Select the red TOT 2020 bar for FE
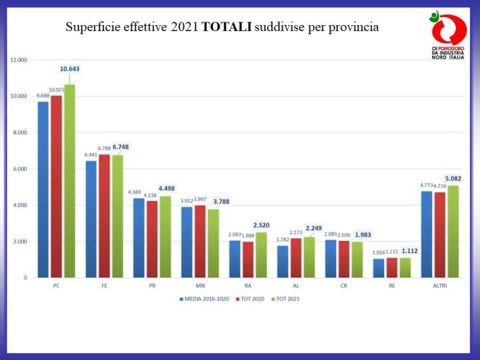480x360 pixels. (104, 216)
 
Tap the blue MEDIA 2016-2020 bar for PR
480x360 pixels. (139, 238)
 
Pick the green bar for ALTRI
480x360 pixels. (453, 231)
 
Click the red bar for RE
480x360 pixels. (392, 267)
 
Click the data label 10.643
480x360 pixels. (70, 68)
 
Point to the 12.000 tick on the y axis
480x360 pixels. (18, 60)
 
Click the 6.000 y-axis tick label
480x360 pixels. (20, 168)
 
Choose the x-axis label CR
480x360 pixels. (344, 286)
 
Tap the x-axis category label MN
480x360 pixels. (200, 286)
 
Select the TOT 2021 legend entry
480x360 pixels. (286, 298)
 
